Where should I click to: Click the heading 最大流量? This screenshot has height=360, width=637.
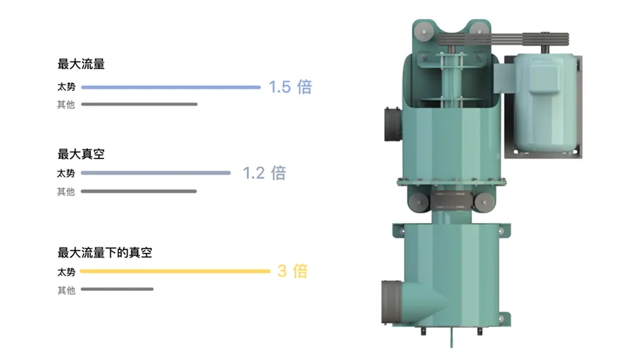[81, 64]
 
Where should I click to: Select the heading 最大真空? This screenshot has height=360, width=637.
[81, 154]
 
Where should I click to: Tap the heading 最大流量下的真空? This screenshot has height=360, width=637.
[105, 252]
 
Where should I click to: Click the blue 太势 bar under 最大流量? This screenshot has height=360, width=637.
[171, 87]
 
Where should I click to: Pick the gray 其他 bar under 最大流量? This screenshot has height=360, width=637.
[139, 104]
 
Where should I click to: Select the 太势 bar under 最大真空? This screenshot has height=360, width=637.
[156, 173]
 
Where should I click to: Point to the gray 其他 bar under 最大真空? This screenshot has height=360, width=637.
[139, 191]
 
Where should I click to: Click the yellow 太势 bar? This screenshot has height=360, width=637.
[175, 271]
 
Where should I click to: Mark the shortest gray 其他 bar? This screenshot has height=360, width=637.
[117, 289]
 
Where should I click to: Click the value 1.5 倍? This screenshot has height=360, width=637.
[290, 87]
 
